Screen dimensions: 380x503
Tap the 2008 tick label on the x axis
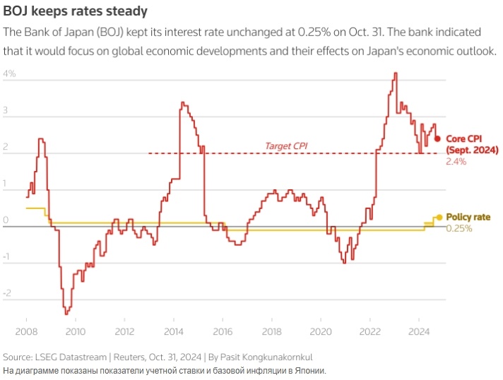coord(26,331)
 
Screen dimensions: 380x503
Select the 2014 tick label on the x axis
coord(174,331)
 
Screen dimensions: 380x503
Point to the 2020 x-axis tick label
coord(321,331)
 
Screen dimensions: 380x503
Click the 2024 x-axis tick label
coord(419,331)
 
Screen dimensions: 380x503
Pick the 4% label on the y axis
coord(10,73)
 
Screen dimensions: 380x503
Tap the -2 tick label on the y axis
coord(7,293)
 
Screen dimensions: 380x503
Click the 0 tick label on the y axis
coord(6,220)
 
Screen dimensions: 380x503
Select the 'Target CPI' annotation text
coord(286,146)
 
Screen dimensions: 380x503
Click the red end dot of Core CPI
coord(437,138)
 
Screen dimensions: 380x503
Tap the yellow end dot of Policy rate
coord(439,217)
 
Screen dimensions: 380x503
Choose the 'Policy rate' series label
coord(468,217)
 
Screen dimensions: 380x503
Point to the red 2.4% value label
coord(456,162)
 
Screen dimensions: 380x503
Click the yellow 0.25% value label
coord(459,228)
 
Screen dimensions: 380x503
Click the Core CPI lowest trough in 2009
coord(66,313)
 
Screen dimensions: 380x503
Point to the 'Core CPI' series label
coord(467,138)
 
